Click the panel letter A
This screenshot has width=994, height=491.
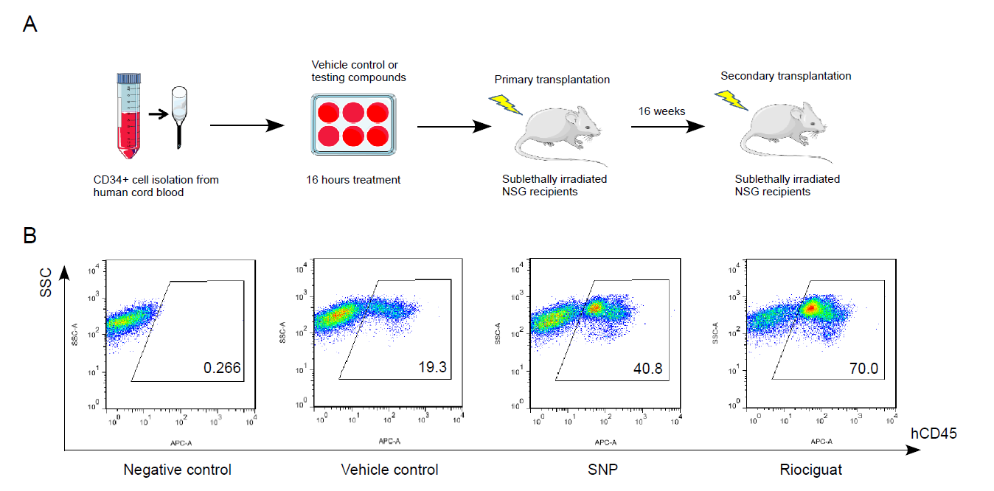click(30, 24)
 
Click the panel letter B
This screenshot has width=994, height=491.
click(30, 235)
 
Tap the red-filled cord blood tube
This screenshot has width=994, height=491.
click(128, 118)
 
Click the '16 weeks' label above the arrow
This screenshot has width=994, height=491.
click(661, 111)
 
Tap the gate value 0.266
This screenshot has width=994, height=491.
click(222, 368)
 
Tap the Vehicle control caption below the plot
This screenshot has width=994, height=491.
click(389, 470)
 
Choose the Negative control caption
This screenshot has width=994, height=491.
click(177, 470)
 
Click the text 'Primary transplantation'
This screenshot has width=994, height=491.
click(552, 80)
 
